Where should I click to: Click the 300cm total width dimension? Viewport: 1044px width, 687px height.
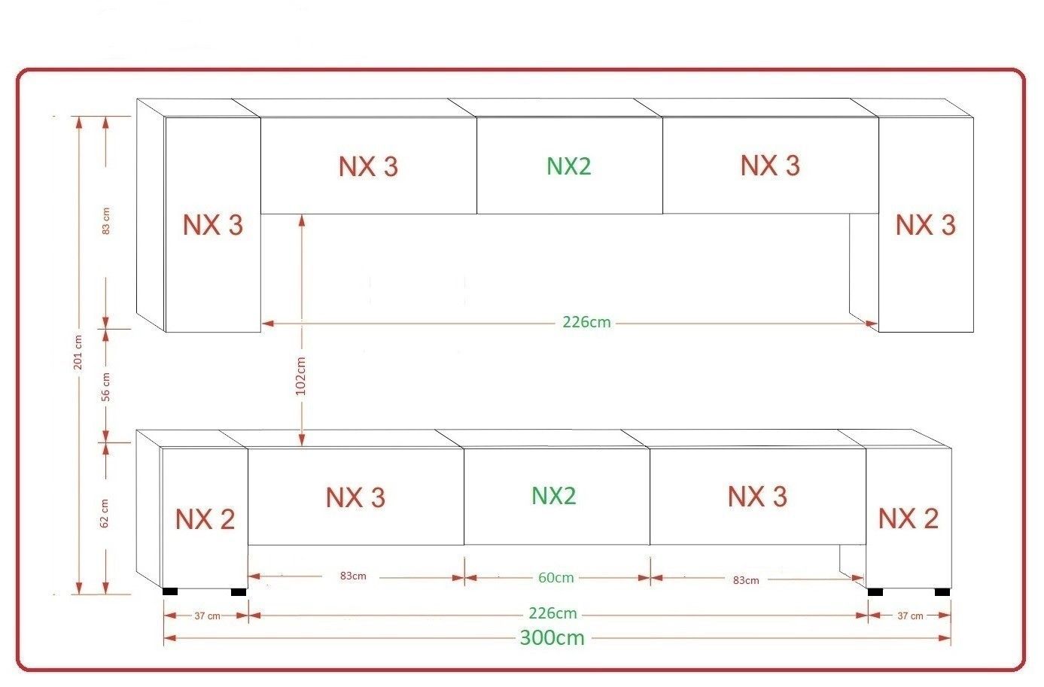(x=552, y=638)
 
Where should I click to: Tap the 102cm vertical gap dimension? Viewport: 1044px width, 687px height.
(x=302, y=375)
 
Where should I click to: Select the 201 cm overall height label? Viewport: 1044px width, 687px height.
(x=78, y=351)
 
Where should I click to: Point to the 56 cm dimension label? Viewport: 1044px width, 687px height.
(x=105, y=386)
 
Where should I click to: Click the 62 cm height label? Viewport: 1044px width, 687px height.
(x=105, y=512)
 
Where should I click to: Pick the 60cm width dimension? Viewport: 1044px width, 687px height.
(x=555, y=578)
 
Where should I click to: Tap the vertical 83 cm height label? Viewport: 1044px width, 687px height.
(x=105, y=220)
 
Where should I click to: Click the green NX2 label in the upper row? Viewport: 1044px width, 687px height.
(x=569, y=166)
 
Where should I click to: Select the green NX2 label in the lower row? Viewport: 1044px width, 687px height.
(x=554, y=496)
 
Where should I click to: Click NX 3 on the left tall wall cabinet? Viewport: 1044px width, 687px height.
(x=213, y=225)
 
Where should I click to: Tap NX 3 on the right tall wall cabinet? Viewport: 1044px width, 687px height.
(x=925, y=225)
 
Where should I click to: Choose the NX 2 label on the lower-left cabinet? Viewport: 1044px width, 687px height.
(x=205, y=518)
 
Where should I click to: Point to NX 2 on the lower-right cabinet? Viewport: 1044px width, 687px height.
(x=908, y=518)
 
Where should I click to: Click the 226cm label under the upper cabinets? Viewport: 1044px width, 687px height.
(x=586, y=323)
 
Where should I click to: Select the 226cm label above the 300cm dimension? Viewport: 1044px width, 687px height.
(x=552, y=613)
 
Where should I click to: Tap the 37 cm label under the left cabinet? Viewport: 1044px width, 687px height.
(x=207, y=616)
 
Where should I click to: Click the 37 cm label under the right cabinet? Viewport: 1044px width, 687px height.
(x=910, y=616)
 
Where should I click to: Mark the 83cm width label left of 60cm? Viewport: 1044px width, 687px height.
(x=352, y=576)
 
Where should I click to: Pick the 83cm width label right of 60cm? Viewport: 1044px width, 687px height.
(x=746, y=580)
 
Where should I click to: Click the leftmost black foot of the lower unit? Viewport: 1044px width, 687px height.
(x=170, y=591)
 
